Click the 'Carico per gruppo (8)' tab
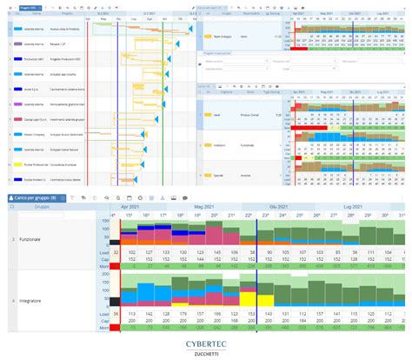(x=35, y=198)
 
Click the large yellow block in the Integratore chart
(x=247, y=300)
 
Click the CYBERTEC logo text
(x=206, y=341)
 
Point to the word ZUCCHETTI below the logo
(x=206, y=351)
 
